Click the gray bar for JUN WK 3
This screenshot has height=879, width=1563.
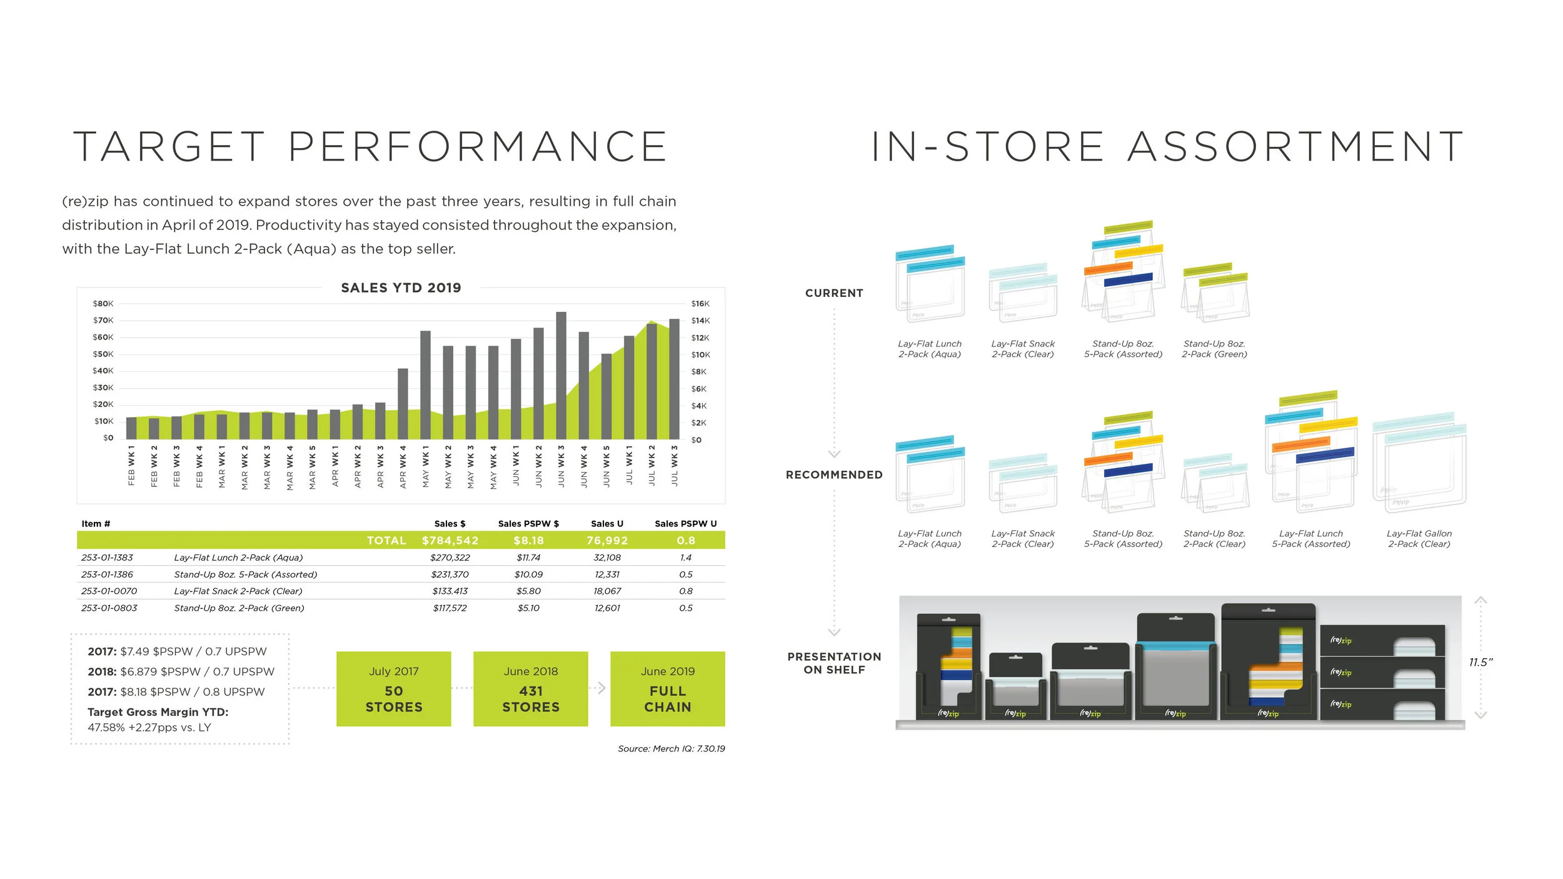561,375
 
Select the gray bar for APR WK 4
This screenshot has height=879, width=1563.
403,404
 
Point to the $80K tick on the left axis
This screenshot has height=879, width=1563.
103,304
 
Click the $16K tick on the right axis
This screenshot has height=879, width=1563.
700,304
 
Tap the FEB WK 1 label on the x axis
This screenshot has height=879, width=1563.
131,466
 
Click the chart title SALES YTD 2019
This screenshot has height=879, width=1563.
401,288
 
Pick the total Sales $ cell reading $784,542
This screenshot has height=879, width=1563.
450,541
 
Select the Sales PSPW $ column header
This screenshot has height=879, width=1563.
528,524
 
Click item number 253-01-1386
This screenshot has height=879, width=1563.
107,575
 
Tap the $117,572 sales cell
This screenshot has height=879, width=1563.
450,608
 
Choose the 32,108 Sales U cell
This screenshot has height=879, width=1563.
607,558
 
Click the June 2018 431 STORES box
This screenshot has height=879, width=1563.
530,689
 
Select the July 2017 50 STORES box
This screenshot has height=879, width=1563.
393,689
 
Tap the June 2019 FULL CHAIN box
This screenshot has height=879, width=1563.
667,689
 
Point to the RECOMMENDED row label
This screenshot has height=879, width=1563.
834,475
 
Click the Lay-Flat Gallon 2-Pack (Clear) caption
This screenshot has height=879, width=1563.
1419,539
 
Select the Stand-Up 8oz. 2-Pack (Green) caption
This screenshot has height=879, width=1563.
1214,349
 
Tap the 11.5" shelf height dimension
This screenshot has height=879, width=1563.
1480,663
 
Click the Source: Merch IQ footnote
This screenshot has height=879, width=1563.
671,749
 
